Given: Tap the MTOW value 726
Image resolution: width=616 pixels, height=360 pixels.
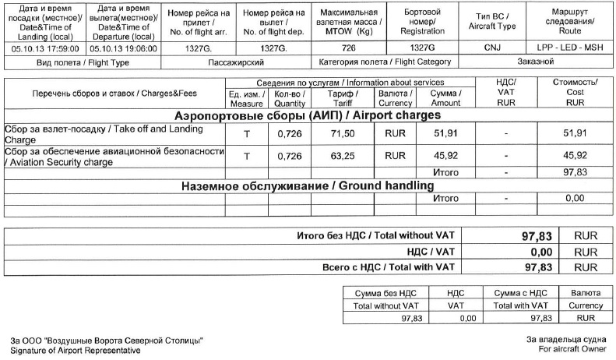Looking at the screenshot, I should point(348,48).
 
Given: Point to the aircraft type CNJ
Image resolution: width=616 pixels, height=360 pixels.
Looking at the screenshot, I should point(492,48).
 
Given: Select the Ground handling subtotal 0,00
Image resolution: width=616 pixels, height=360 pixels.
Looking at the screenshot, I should point(575,199).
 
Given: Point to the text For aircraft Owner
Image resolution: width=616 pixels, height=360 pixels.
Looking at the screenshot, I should point(570,350).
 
